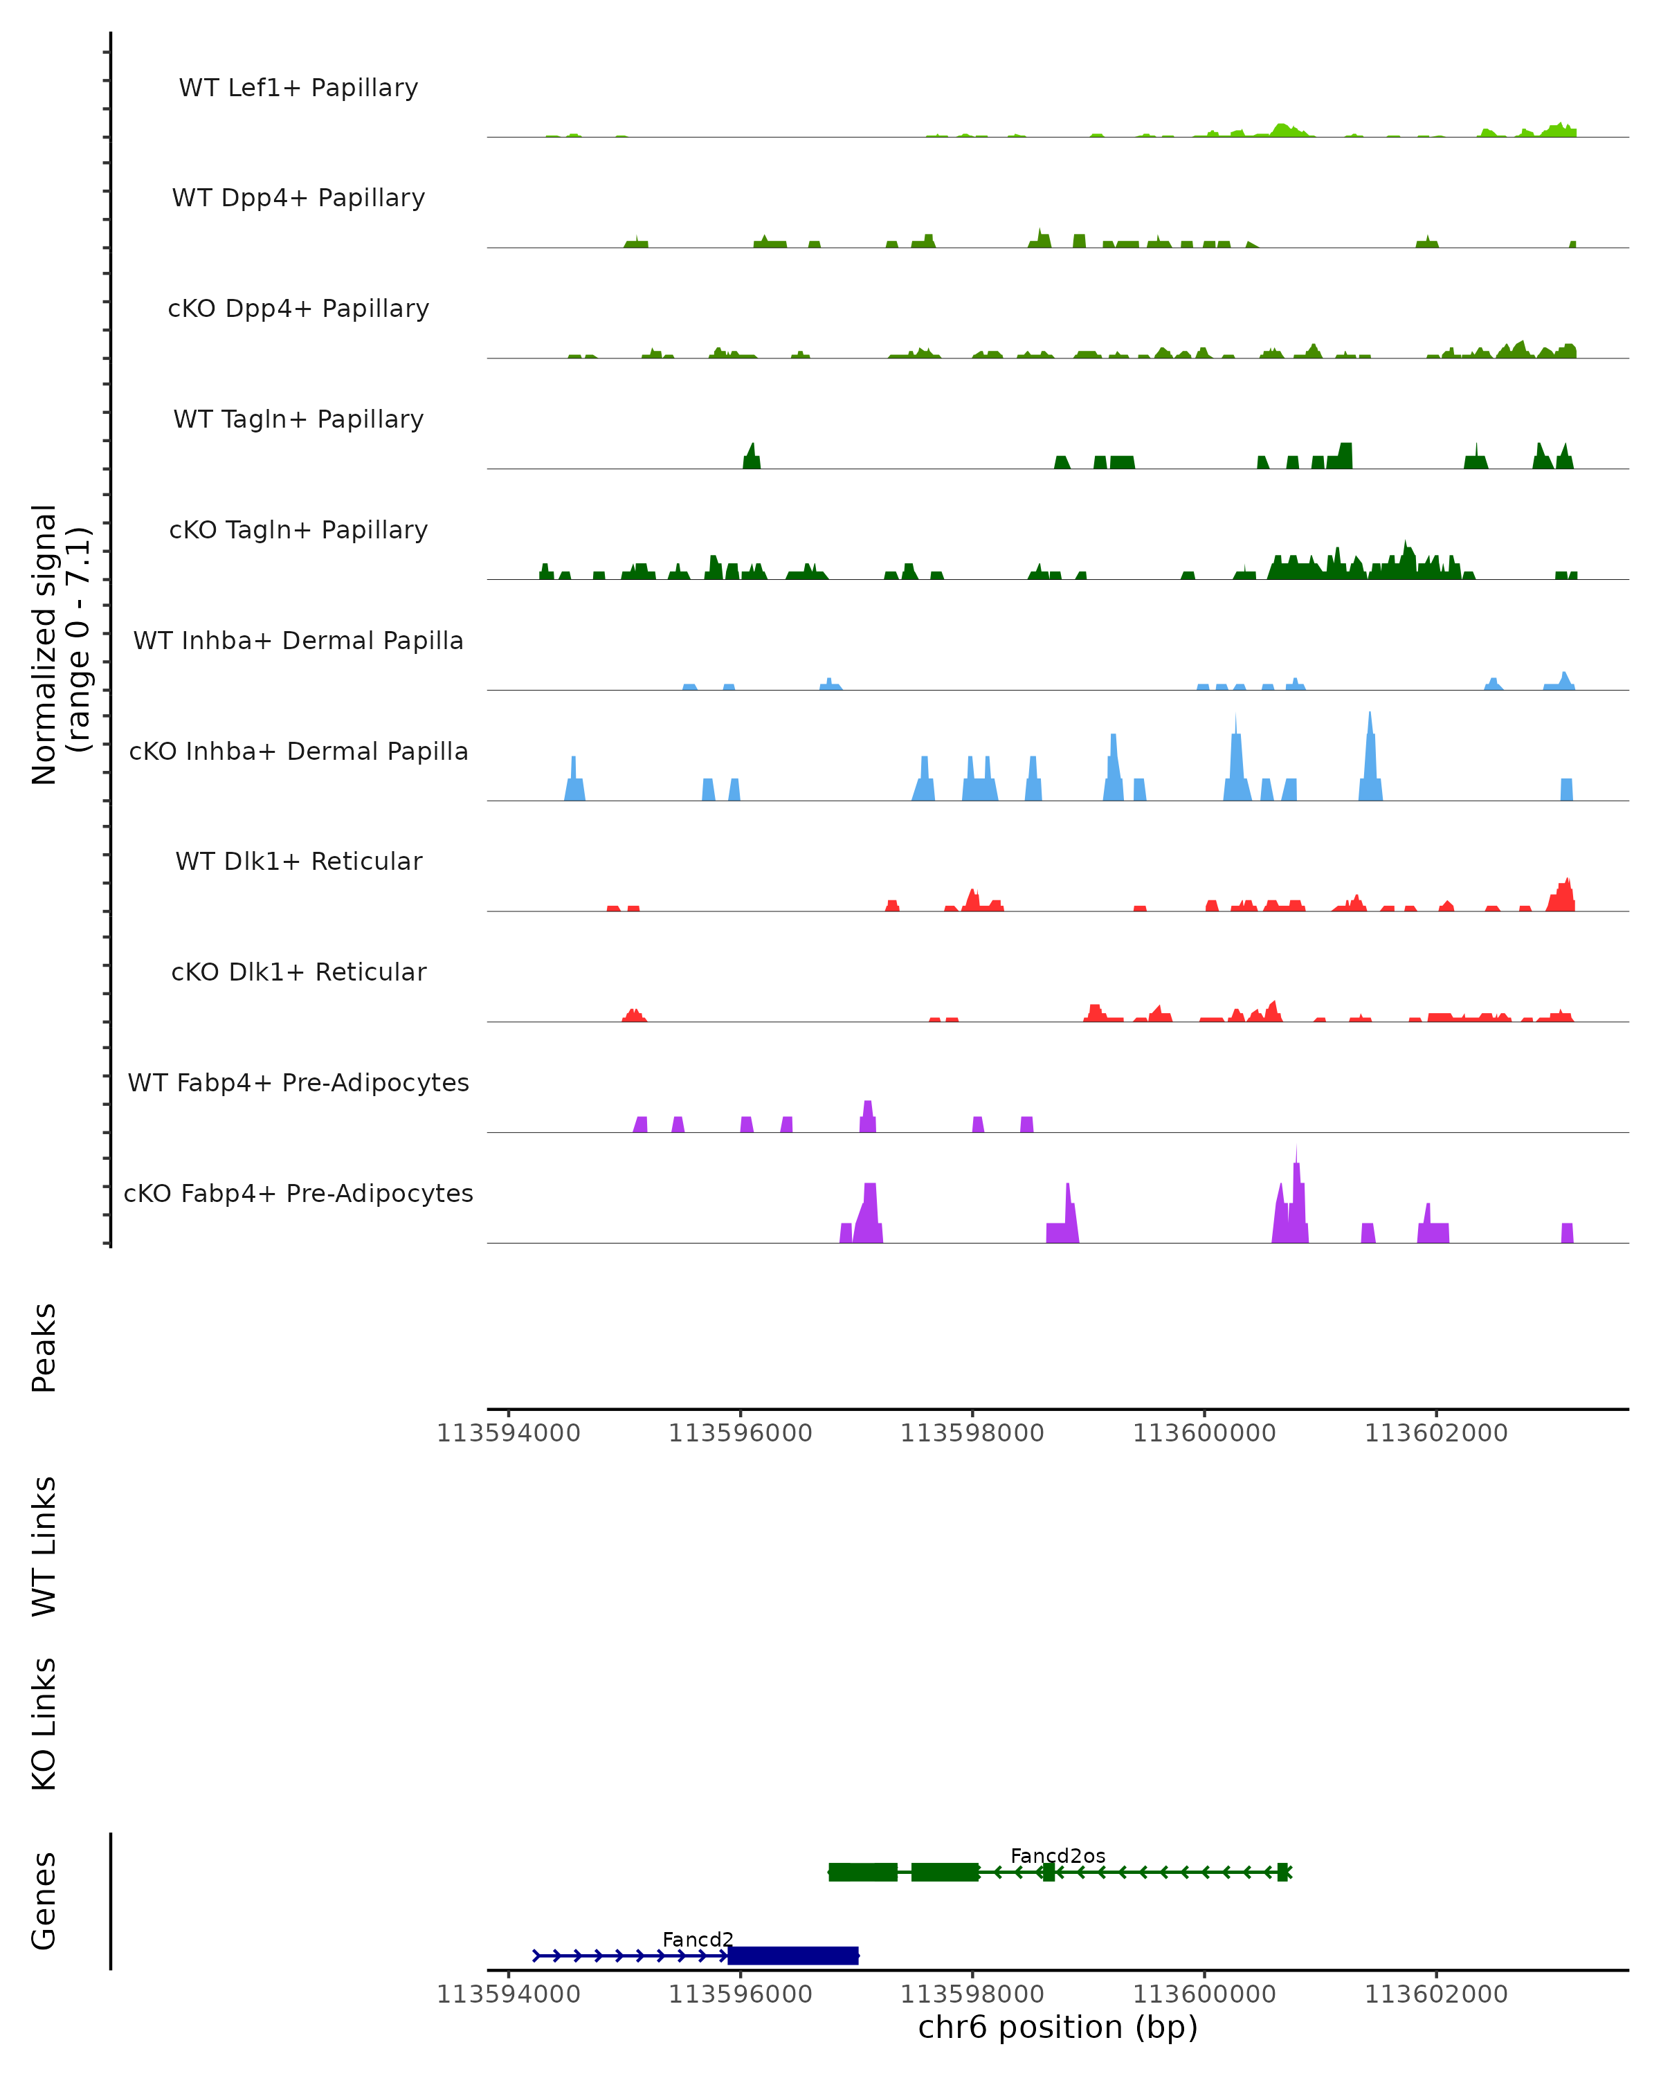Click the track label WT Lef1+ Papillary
298,88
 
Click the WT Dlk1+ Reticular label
298,861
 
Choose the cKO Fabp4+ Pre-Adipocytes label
298,1193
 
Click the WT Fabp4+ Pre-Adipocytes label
298,1082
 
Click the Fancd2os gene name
1058,1855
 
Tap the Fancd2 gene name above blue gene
698,1939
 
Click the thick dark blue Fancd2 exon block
792,1956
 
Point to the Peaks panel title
44,1347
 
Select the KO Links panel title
44,1724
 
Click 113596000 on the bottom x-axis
741,1994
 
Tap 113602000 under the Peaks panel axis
1435,1434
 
